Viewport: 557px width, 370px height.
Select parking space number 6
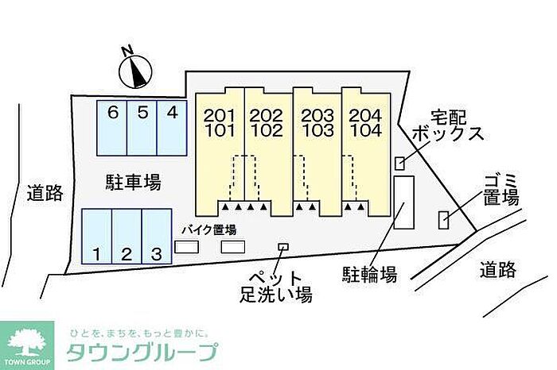tap(112, 127)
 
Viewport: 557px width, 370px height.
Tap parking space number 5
tap(142, 127)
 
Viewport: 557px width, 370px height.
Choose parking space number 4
tap(171, 127)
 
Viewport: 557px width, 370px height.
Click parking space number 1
tap(96, 236)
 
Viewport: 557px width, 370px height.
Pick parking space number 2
tap(127, 236)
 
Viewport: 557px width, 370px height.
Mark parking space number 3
tap(157, 236)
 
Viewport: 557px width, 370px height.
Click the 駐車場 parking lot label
tap(134, 183)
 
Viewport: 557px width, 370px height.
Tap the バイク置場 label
tap(208, 229)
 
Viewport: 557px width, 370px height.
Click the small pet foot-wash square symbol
tap(282, 248)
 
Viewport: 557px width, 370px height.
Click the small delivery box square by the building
tap(399, 163)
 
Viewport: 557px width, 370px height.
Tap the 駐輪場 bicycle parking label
tap(370, 275)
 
